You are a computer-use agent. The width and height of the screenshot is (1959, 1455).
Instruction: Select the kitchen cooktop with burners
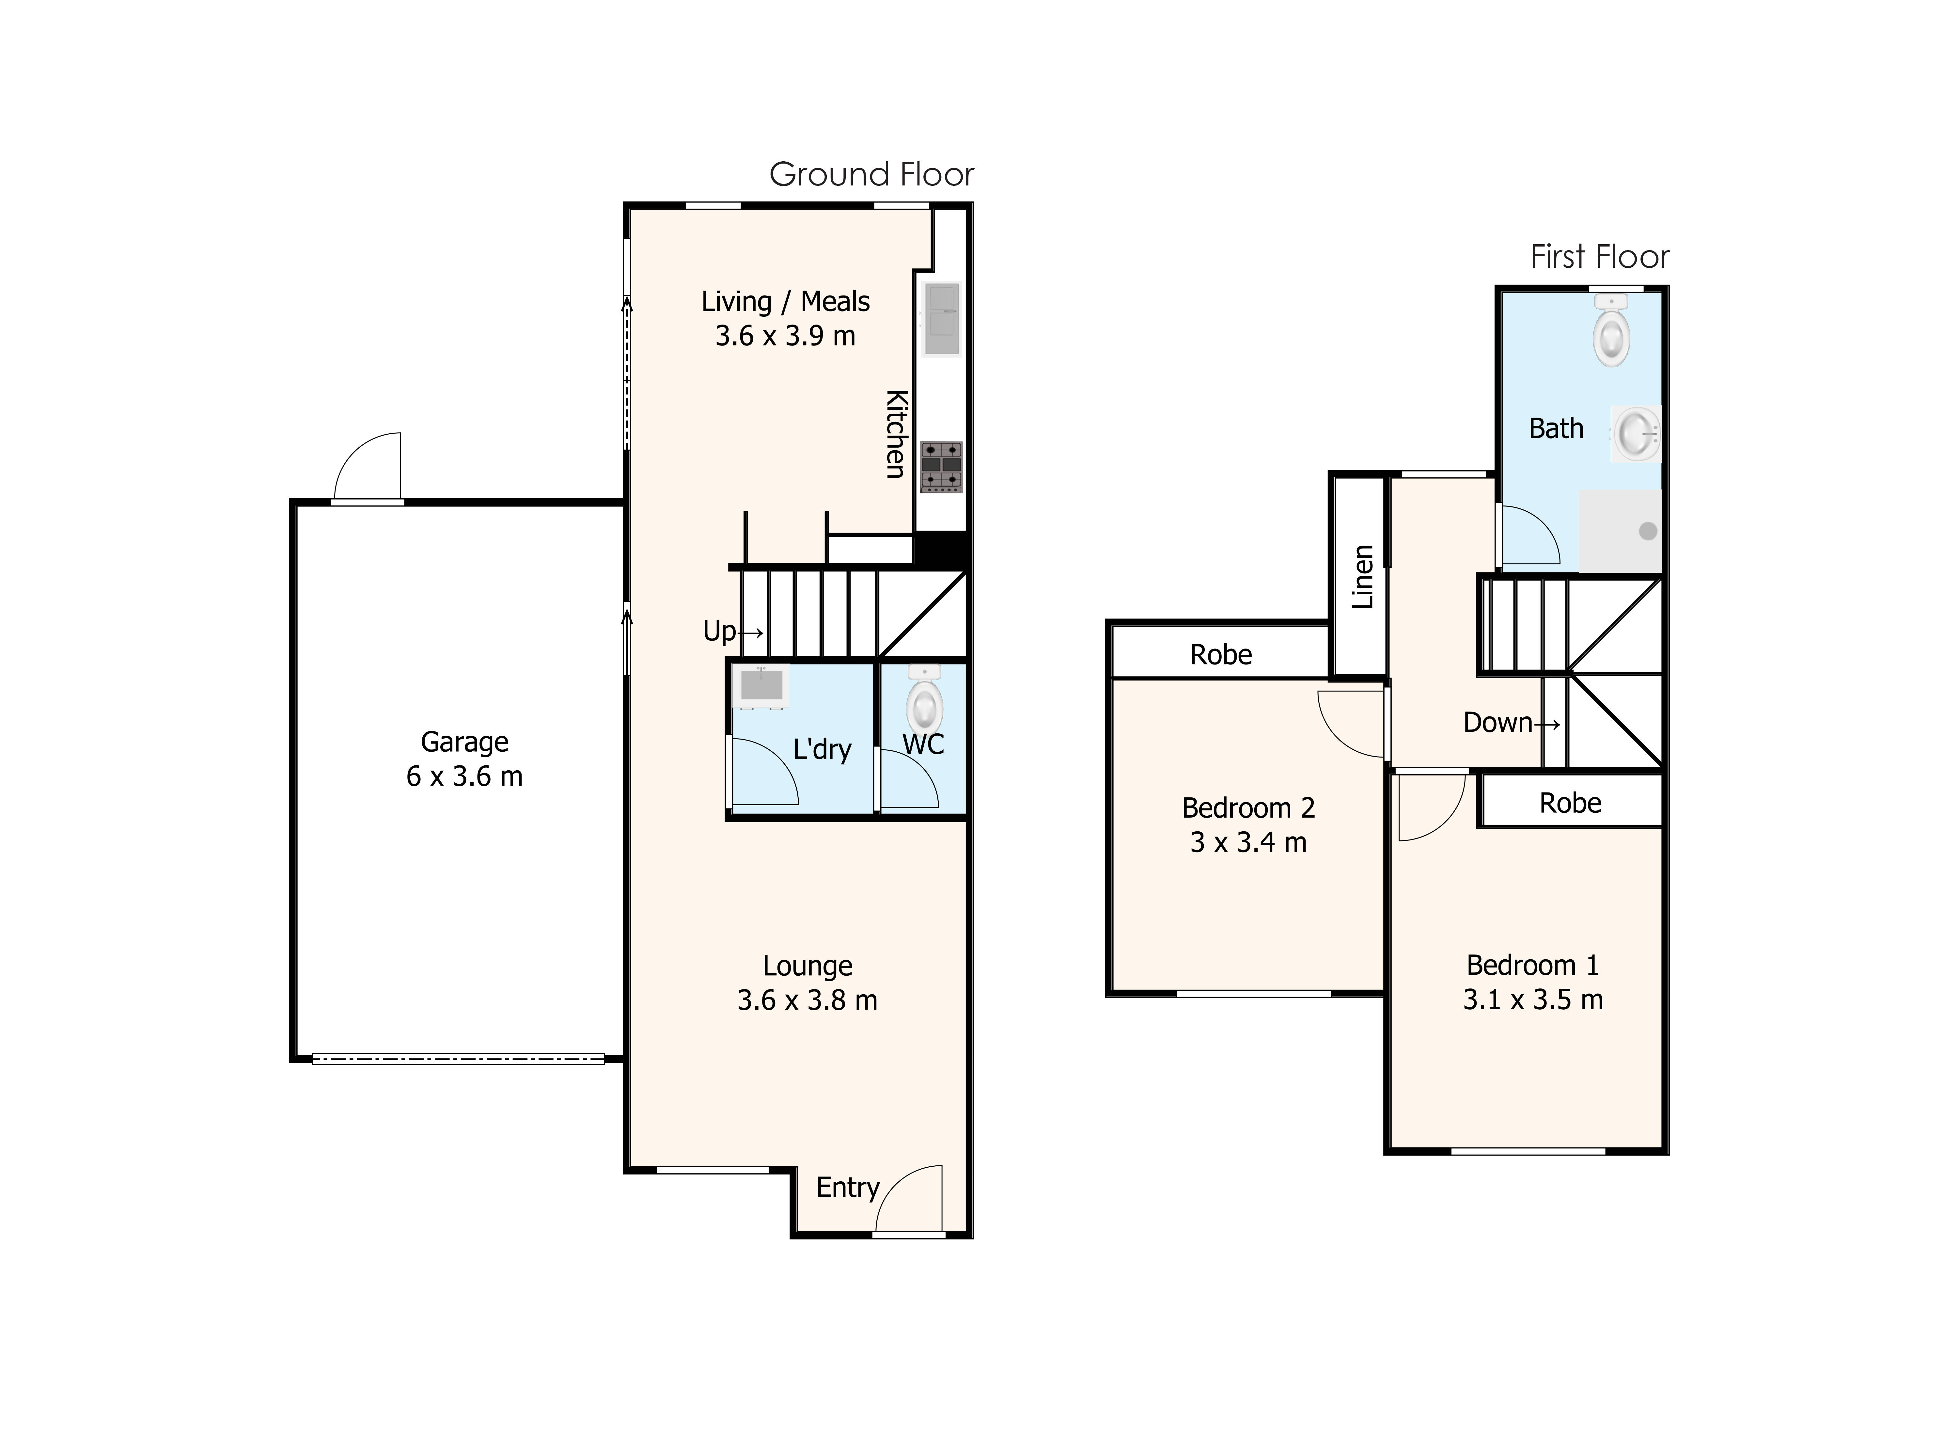point(941,467)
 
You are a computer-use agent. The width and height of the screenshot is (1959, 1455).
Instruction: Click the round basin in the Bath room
point(1636,433)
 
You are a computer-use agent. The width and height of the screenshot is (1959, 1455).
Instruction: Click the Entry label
point(847,1187)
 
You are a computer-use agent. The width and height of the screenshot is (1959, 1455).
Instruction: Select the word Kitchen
point(895,433)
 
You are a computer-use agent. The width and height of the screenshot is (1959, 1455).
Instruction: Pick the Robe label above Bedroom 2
point(1220,654)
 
